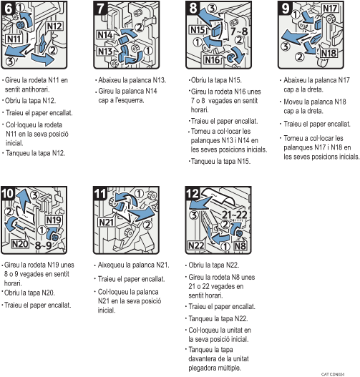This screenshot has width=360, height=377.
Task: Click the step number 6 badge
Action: pyautogui.click(x=9, y=9)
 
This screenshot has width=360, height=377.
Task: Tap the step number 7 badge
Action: pyautogui.click(x=100, y=9)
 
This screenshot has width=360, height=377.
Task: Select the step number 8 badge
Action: pyautogui.click(x=192, y=9)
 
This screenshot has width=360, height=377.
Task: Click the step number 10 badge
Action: pyautogui.click(x=9, y=192)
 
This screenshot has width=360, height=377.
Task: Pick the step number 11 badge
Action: pyautogui.click(x=100, y=192)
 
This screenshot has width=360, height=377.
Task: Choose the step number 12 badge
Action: pyautogui.click(x=192, y=192)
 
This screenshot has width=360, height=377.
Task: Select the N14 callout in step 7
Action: pyautogui.click(x=104, y=34)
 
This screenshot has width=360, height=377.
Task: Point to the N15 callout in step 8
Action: pyautogui.click(x=198, y=31)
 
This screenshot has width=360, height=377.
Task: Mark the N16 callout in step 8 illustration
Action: pyautogui.click(x=213, y=62)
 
